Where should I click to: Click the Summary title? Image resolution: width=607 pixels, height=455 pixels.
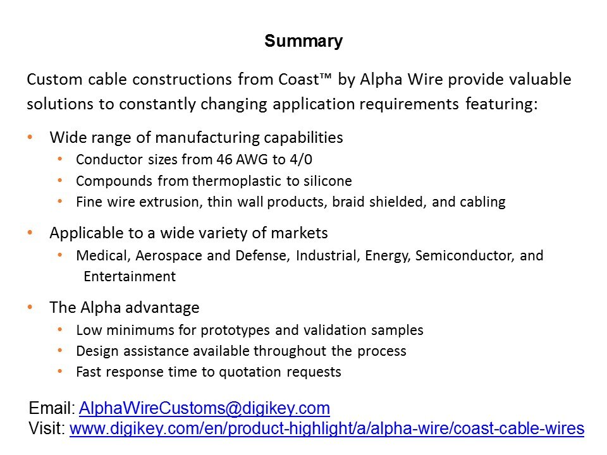click(x=303, y=41)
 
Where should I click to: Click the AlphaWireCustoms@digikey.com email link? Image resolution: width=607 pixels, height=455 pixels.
click(x=204, y=408)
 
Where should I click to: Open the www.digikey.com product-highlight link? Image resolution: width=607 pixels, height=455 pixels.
click(x=327, y=428)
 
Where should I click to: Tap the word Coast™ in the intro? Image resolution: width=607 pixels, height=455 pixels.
click(x=305, y=80)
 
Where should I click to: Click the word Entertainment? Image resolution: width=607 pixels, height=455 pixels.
click(x=130, y=276)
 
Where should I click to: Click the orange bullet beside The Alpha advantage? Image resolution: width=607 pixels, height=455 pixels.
click(x=30, y=307)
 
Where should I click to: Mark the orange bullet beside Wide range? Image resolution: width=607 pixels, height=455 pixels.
click(x=30, y=137)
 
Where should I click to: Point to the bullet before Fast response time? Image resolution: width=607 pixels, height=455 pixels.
click(x=60, y=372)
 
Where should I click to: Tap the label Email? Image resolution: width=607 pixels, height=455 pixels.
click(x=52, y=408)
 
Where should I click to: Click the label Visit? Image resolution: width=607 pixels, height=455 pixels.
click(x=47, y=428)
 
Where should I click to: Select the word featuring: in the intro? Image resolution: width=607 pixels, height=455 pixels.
click(x=501, y=104)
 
